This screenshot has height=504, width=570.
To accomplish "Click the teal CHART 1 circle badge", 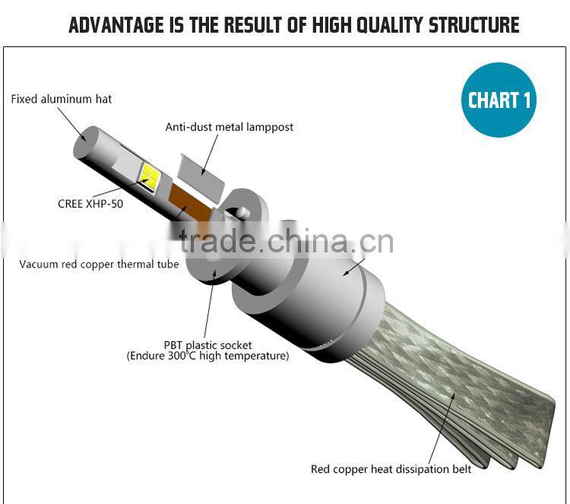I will click(x=499, y=100).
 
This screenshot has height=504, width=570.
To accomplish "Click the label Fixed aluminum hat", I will click(x=62, y=100).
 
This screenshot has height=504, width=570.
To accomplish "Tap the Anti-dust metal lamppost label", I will click(x=230, y=127).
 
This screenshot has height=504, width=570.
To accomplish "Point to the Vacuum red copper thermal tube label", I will click(x=99, y=265).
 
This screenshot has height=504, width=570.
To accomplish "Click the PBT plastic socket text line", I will click(x=207, y=345).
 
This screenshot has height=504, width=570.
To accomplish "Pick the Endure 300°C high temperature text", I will click(x=207, y=356).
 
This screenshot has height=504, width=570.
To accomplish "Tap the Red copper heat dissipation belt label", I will click(x=391, y=469).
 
